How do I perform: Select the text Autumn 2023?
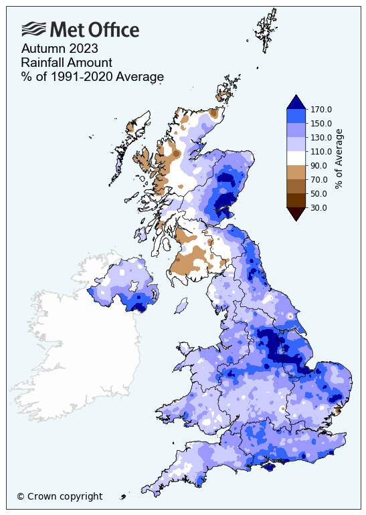[60, 49]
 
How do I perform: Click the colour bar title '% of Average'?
[339, 159]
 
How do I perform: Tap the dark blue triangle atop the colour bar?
[296, 102]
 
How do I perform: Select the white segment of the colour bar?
[296, 158]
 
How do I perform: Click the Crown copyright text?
[60, 496]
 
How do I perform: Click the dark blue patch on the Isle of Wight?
[268, 468]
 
